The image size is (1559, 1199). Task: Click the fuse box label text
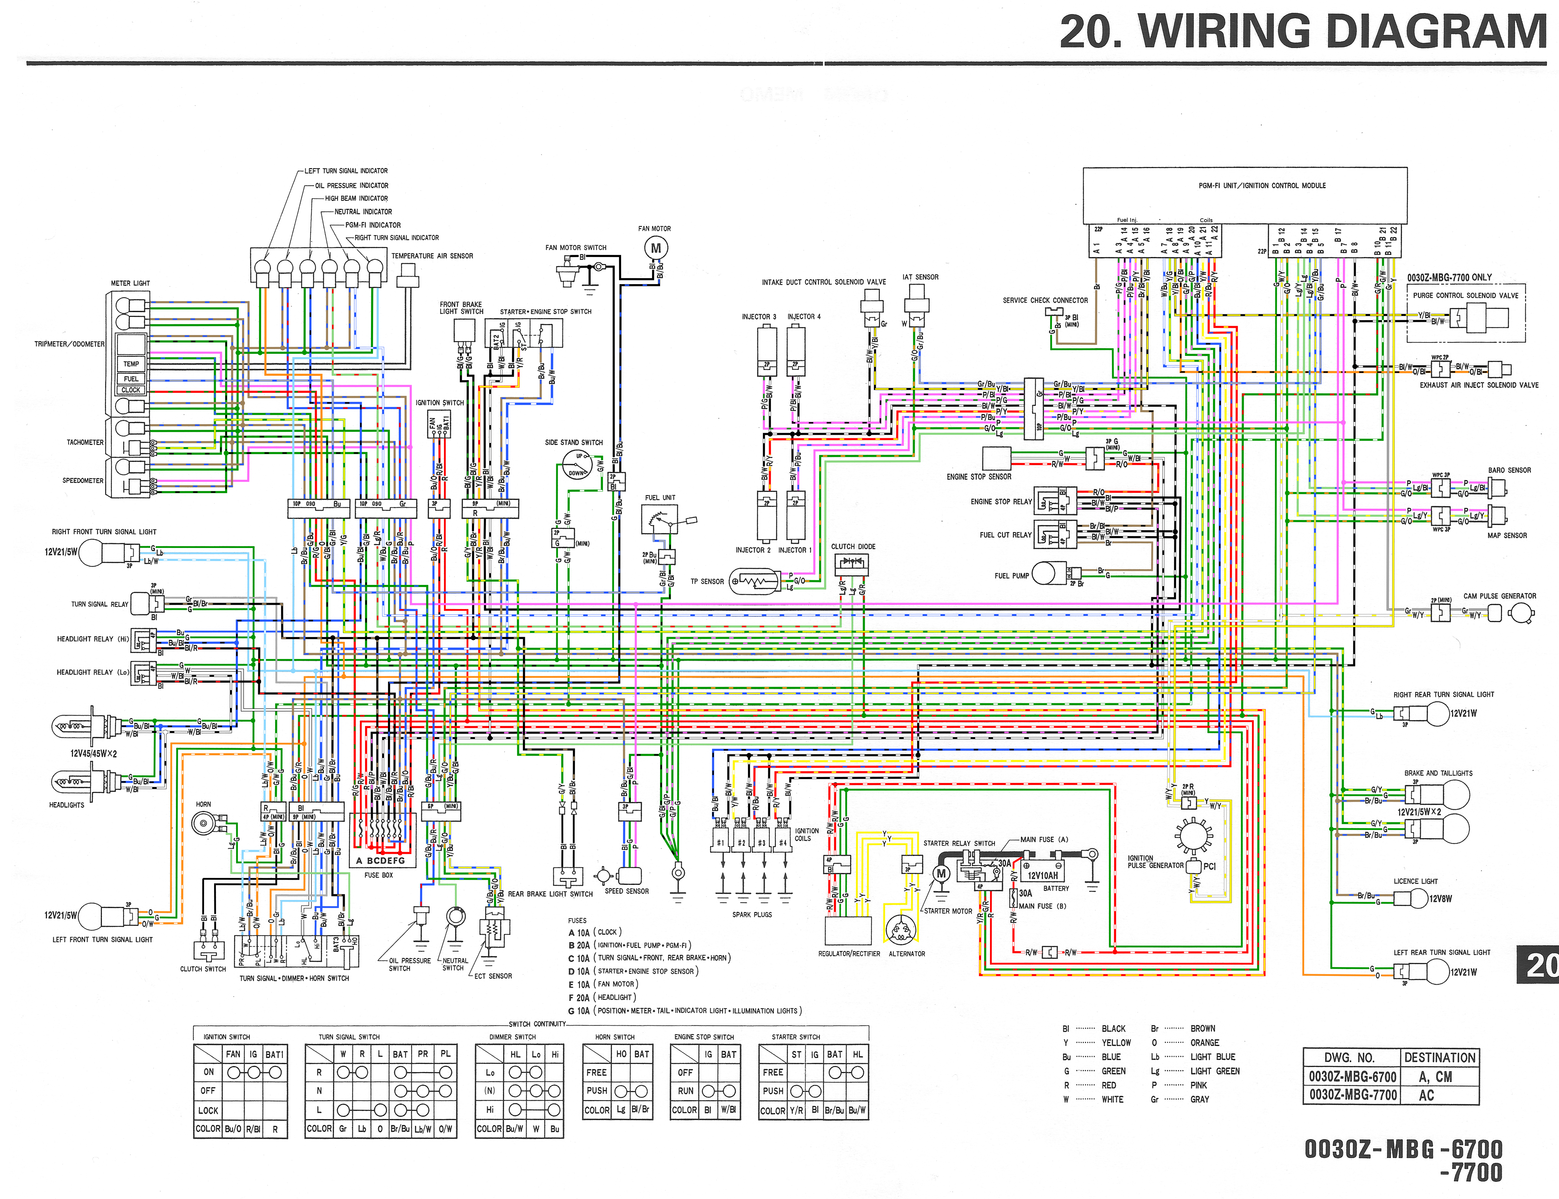[378, 875]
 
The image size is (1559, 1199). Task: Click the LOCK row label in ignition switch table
[208, 1111]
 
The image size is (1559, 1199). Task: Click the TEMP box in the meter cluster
[131, 364]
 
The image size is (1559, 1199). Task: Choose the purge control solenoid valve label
[1466, 295]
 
